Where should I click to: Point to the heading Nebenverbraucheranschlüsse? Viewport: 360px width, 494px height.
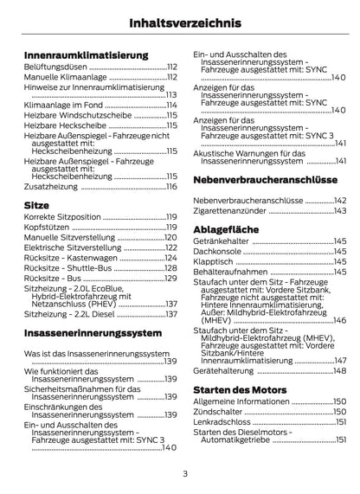pyautogui.click(x=265, y=178)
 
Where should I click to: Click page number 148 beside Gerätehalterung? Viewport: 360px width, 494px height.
pyautogui.click(x=339, y=369)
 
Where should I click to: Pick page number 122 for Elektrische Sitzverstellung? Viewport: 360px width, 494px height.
pyautogui.click(x=170, y=247)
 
